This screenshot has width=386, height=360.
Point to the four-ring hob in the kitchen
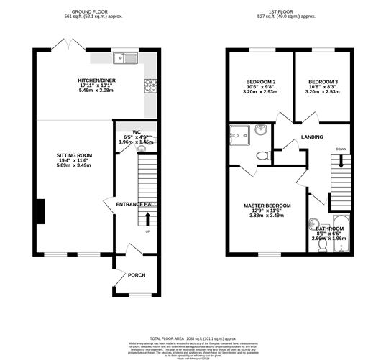coord(152,87)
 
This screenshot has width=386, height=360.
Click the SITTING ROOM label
coord(75,155)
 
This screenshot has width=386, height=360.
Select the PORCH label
coord(136,275)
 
